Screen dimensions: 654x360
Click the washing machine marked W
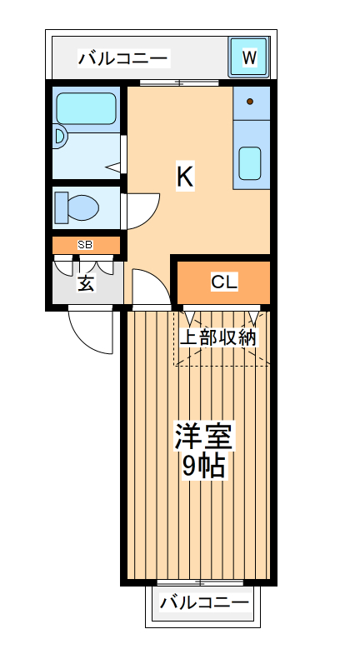(248, 57)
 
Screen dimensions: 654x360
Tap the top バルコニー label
(123, 58)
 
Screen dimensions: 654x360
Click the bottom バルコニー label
(204, 602)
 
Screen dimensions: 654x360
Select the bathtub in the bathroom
(86, 108)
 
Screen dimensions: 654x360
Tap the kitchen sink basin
(250, 162)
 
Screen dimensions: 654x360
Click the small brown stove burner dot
(249, 102)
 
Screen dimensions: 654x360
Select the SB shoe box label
(85, 245)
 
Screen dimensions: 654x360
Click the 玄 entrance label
(86, 283)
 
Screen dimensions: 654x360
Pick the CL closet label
(223, 282)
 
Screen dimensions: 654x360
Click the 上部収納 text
(219, 337)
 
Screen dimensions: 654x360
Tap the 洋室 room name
(204, 437)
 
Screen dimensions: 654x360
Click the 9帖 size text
(204, 467)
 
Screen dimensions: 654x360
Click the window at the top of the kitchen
(179, 82)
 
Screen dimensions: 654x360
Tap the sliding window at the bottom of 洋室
(200, 582)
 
